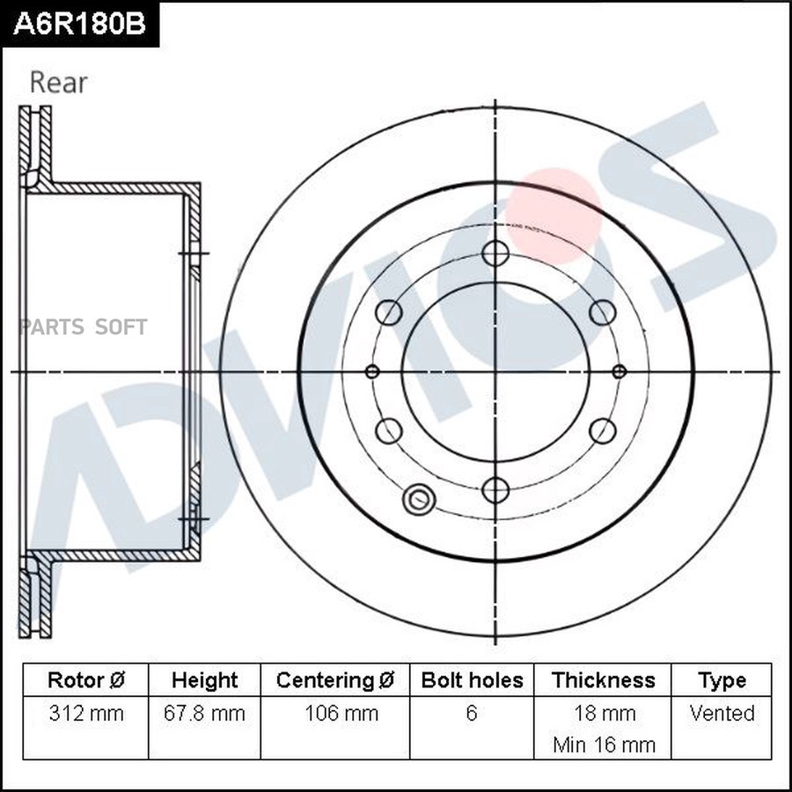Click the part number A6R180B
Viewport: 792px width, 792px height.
79,24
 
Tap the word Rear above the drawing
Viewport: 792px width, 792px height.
59,83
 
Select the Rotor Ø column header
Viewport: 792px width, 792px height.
85,680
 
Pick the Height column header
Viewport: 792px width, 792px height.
204,680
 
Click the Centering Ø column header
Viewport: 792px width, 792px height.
335,680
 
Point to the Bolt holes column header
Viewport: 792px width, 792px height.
472,680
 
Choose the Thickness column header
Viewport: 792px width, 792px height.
603,680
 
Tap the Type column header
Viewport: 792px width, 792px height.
722,680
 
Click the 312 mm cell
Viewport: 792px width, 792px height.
85,713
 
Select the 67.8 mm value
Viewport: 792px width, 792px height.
204,713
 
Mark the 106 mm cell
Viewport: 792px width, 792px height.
335,713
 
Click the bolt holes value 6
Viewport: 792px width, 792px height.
472,713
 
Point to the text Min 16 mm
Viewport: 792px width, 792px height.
604,744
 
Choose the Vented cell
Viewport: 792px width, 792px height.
722,713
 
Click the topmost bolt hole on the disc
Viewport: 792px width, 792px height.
495,253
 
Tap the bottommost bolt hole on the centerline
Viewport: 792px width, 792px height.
495,490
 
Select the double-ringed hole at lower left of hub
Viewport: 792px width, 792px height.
417,500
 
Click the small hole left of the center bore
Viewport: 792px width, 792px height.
372,371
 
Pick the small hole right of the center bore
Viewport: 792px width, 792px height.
619,371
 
